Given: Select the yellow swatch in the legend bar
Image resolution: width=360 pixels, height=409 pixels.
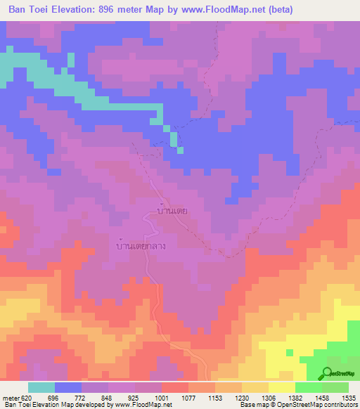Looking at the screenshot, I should click(281, 387).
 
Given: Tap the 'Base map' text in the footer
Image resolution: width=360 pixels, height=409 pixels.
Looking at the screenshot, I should click(252, 405).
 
